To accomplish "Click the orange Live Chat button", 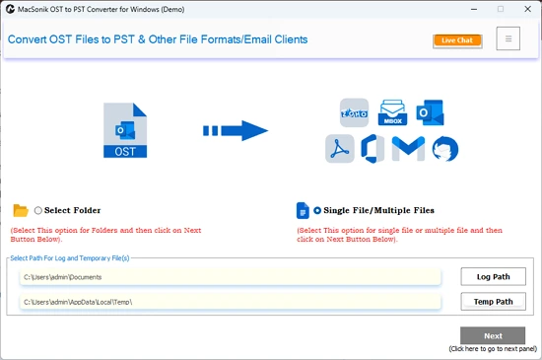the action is coord(457,40).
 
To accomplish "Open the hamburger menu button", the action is coord(508,38).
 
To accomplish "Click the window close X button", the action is coord(527,9).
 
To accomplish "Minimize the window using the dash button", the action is coord(474,9).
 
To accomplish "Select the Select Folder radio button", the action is coord(38,210).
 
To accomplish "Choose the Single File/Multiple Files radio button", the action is coord(317,210).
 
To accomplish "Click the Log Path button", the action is coord(494,276).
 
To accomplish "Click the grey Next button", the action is coord(493,335).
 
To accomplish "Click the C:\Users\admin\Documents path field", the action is coord(231,277).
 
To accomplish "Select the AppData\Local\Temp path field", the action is coord(231,302).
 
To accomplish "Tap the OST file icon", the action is coord(125,130).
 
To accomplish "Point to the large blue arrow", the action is coord(236,131).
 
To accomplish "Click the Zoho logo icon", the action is coord(354,112).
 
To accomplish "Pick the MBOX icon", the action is coord(392,112).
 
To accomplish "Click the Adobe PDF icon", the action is coord(339,149).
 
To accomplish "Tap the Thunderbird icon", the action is coord(445,149).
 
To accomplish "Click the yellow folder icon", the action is coord(21,210).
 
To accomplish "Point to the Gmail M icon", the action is coord(408,148).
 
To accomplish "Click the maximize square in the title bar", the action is coord(501,9).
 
